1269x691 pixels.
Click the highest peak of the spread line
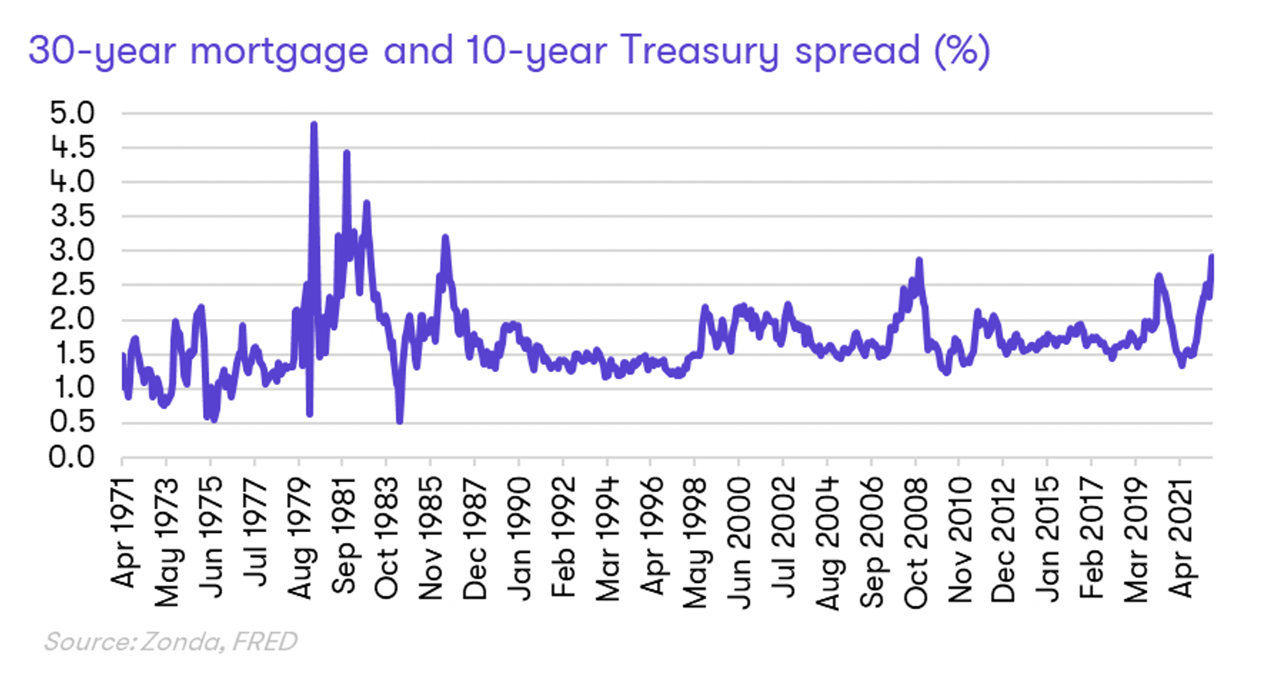click(313, 125)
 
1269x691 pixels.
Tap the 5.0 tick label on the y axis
click(72, 113)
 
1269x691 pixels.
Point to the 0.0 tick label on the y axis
click(72, 457)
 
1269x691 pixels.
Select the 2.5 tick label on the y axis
click(72, 285)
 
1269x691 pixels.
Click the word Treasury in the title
click(700, 51)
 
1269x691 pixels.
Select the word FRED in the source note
click(265, 641)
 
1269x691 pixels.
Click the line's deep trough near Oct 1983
click(400, 420)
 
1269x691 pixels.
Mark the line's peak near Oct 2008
click(919, 260)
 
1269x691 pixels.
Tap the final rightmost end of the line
click(1211, 257)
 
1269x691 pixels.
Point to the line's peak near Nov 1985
click(445, 237)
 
